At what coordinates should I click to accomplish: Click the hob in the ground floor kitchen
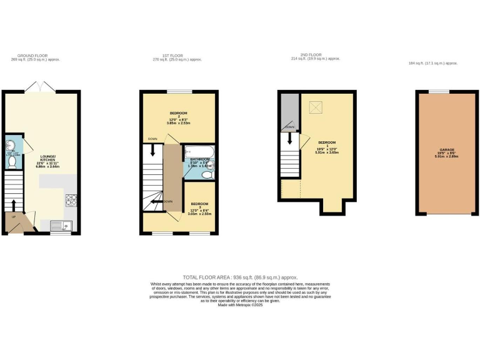click(x=71, y=201)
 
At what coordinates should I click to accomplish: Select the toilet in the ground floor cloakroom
click(x=12, y=162)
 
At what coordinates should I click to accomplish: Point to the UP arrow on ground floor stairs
click(x=13, y=206)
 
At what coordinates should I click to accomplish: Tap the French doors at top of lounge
click(x=41, y=87)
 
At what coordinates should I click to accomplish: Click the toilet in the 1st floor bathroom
click(x=209, y=175)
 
